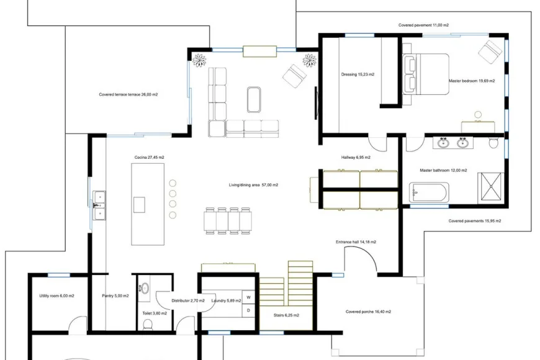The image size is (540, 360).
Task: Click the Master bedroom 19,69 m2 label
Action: [472, 81]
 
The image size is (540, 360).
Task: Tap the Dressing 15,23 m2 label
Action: [358, 74]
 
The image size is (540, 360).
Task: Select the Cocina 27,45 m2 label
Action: [149, 158]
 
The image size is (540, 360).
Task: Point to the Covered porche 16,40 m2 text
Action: [368, 312]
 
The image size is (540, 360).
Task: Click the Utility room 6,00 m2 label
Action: [56, 296]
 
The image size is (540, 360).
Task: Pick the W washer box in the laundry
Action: [248, 297]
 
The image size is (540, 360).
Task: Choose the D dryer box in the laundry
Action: [248, 310]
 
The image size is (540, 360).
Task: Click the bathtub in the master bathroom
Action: [429, 192]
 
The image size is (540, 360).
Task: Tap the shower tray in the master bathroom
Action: [491, 188]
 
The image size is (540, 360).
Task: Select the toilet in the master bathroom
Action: [493, 143]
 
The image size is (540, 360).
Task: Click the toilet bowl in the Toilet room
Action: [148, 325]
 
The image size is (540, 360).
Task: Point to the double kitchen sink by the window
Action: [99, 205]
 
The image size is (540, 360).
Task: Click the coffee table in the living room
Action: [254, 99]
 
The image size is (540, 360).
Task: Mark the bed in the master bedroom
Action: [426, 74]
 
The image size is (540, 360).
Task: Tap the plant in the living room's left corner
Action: [199, 60]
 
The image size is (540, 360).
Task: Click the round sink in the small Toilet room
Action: [145, 288]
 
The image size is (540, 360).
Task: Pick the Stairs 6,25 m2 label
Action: [286, 315]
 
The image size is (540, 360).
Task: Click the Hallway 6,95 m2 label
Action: [356, 158]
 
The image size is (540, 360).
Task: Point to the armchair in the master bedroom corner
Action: [490, 52]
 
